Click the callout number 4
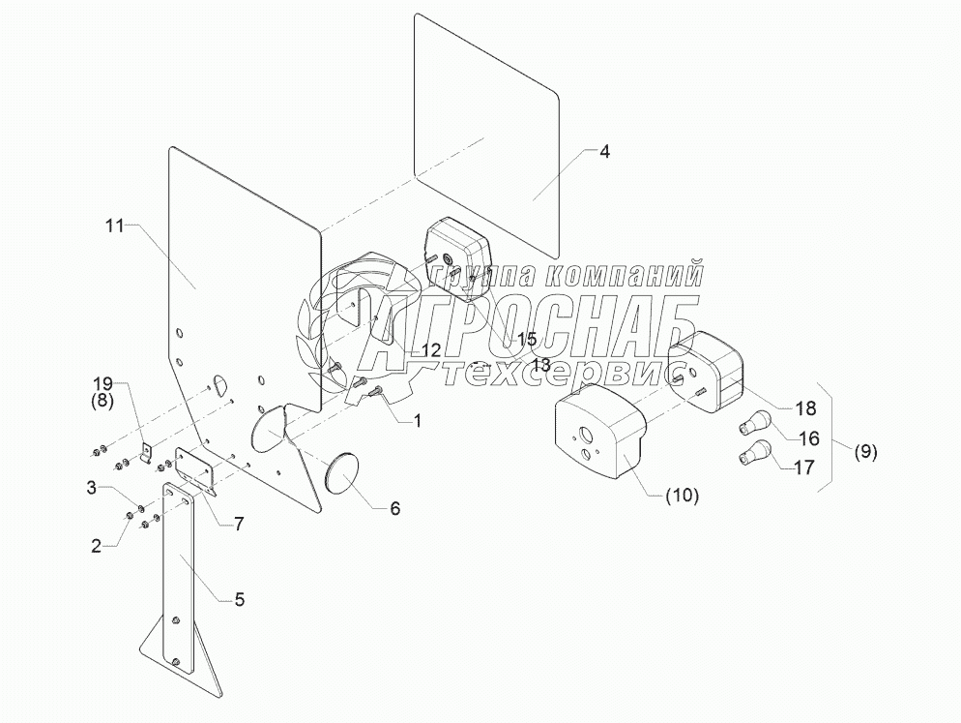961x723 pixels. (x=603, y=152)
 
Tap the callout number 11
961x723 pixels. (x=115, y=226)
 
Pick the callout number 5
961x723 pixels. (x=239, y=599)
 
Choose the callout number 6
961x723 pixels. (x=394, y=507)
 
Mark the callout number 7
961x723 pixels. (x=238, y=524)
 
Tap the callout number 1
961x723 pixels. (x=417, y=419)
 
